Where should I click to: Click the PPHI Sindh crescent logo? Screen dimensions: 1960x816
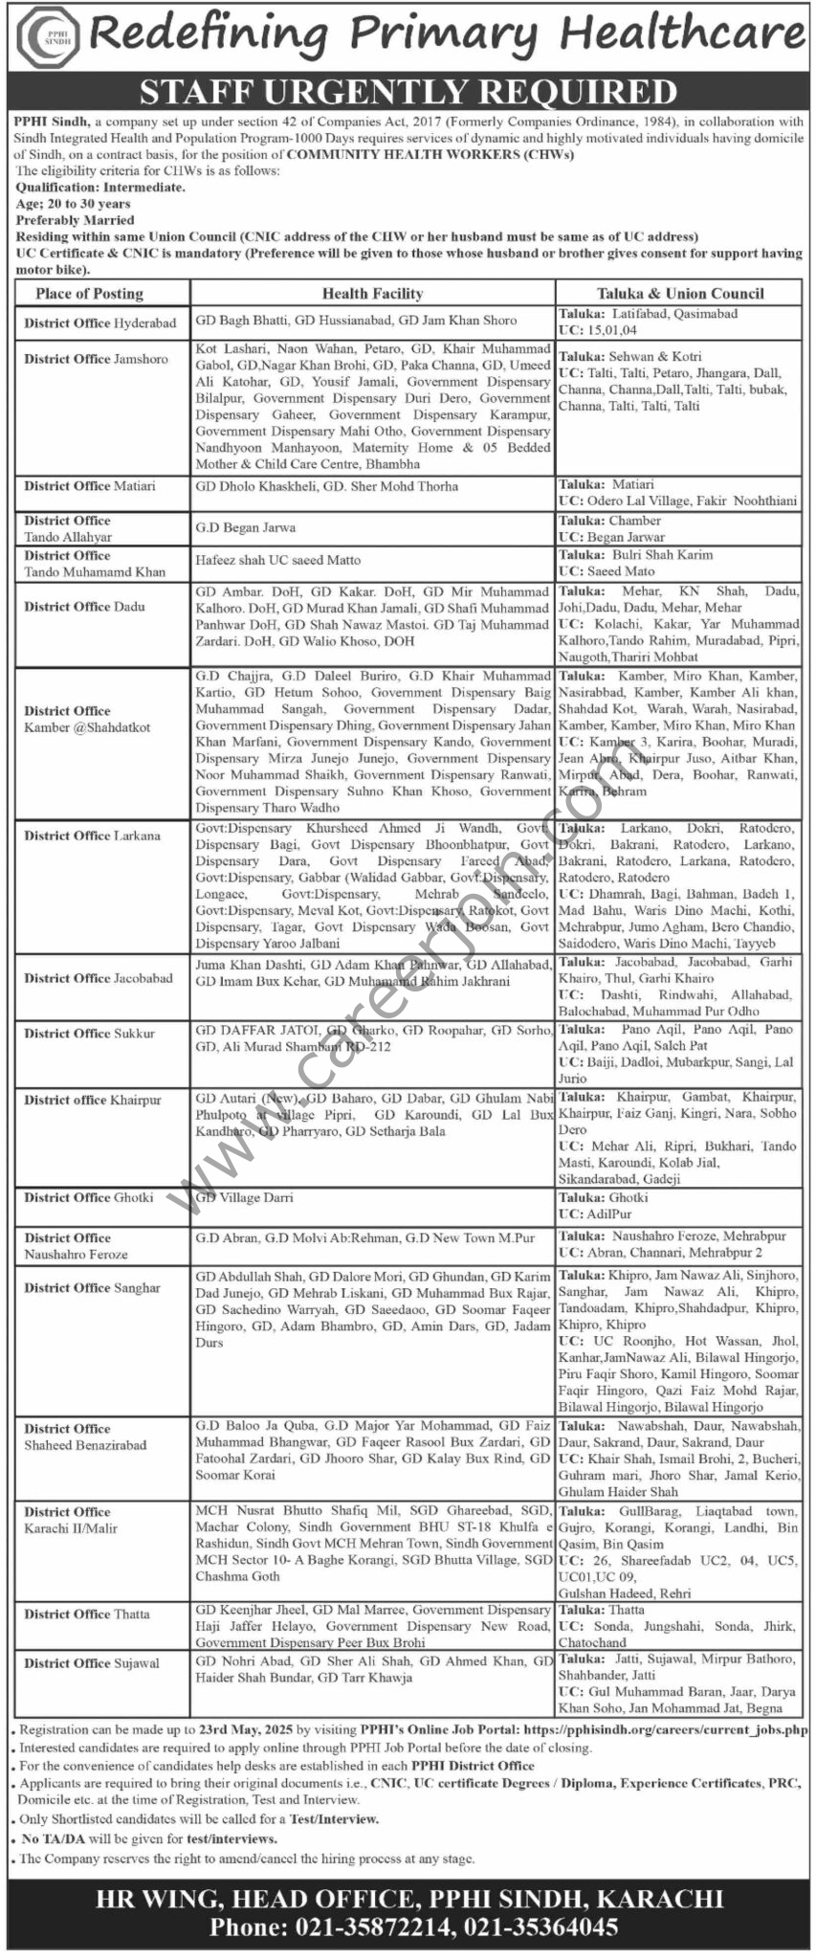coord(44,35)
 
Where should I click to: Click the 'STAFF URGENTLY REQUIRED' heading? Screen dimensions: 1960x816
coord(408,92)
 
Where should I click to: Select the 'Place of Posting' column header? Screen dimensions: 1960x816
coord(89,294)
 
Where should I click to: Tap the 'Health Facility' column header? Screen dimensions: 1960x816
coord(372,294)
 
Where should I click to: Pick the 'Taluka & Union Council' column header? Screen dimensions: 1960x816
coord(679,294)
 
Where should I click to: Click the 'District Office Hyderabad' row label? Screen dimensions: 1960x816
coord(100,323)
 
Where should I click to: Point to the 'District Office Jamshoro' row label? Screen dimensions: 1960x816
coord(96,359)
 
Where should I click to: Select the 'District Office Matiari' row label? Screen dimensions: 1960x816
coord(90,486)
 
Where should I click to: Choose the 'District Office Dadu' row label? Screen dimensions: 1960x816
coord(85,607)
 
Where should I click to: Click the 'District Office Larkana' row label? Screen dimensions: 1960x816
coord(93,835)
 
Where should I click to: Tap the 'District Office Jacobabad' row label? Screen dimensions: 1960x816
coord(99,978)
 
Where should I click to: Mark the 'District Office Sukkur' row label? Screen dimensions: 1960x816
coord(89,1034)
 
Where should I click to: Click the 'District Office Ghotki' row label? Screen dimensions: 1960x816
coord(89,1197)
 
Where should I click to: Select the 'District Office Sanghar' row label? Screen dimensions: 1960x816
coord(93,1288)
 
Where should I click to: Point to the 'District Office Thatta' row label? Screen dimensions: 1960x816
coord(87,1615)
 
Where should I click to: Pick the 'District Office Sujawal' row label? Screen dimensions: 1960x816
coord(92,1663)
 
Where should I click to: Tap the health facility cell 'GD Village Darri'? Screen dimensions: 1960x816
coord(244,1197)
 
